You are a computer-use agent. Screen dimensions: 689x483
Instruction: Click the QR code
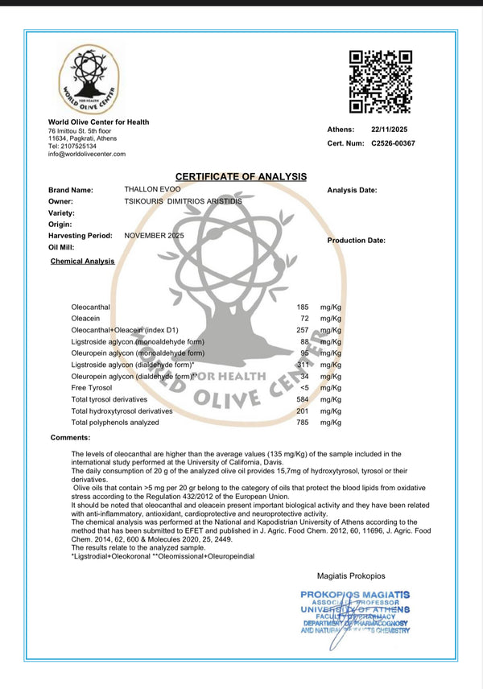coord(381,81)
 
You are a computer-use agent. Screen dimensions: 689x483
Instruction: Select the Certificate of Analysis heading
coord(242,176)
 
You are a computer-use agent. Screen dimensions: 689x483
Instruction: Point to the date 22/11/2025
coord(390,129)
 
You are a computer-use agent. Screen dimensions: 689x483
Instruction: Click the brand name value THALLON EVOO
coord(151,189)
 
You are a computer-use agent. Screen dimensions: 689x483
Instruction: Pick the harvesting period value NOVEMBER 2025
coord(155,235)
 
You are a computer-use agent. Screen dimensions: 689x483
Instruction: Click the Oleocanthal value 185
coord(303,307)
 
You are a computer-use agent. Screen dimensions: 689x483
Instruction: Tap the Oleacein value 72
coord(304,319)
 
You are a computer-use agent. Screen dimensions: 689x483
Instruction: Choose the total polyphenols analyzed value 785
coord(303,422)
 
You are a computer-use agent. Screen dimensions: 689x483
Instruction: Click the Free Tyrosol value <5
coord(303,387)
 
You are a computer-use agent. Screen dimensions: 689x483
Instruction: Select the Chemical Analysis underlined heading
coord(82,261)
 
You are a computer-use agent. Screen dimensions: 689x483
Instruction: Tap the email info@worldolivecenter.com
coord(81,154)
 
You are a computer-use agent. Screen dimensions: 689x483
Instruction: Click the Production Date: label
coord(356,240)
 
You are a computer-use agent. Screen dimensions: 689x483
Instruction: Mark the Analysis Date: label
coord(352,190)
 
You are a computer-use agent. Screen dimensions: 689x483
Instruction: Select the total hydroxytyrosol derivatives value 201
coord(303,411)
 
